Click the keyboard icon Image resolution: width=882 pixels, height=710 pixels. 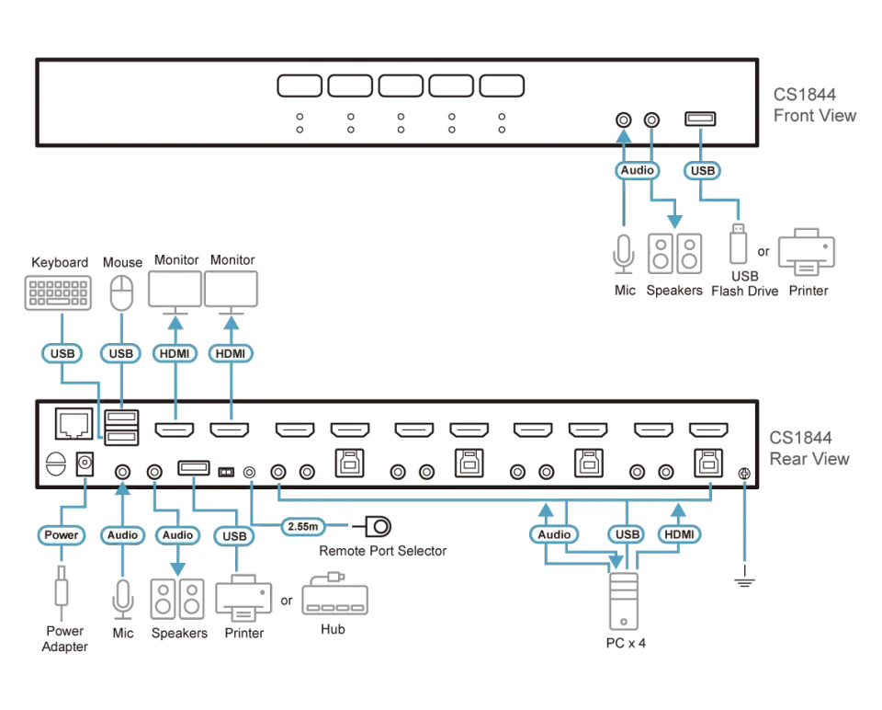coord(58,292)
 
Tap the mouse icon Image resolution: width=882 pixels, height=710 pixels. coord(121,292)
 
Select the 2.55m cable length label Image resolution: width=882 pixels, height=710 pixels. coord(302,526)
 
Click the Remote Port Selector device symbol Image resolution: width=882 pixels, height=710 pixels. coord(372,526)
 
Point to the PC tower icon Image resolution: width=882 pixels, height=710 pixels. coord(624,601)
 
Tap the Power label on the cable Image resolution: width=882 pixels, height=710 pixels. coord(62,535)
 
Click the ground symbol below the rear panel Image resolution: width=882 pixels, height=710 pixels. coord(744,578)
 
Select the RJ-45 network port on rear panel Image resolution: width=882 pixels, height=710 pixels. coord(73,423)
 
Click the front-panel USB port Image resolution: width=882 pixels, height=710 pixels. coord(700,119)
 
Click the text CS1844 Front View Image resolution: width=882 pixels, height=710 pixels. coord(814,105)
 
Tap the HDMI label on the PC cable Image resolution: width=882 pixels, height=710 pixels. coord(679,534)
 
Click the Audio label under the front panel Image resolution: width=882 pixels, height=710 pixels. coord(637,170)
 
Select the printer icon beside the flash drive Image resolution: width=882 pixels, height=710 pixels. coord(807,252)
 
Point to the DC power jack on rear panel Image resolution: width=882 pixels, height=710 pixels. coord(85,464)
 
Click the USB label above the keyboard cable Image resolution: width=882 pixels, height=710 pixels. coord(62,353)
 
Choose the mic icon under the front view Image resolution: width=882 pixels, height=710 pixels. coord(624,254)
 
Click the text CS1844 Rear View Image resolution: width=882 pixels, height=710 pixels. coord(808,448)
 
